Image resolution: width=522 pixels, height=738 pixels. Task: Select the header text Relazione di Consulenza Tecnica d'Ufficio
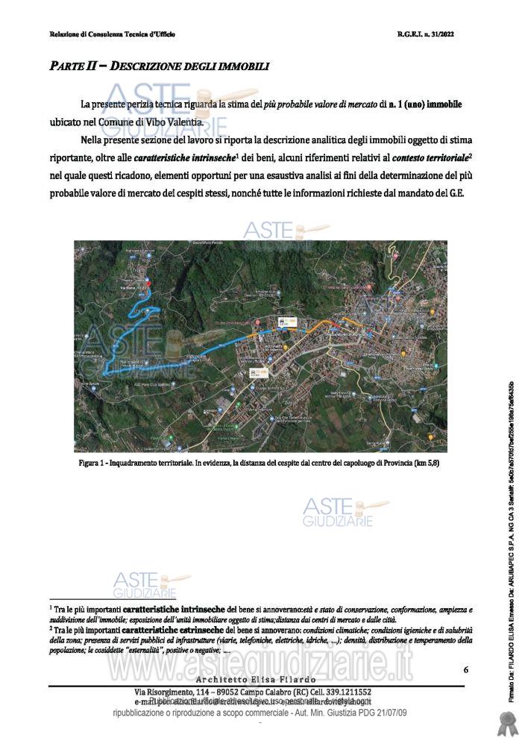pos(112,34)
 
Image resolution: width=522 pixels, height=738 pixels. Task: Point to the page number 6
pos(465,669)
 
